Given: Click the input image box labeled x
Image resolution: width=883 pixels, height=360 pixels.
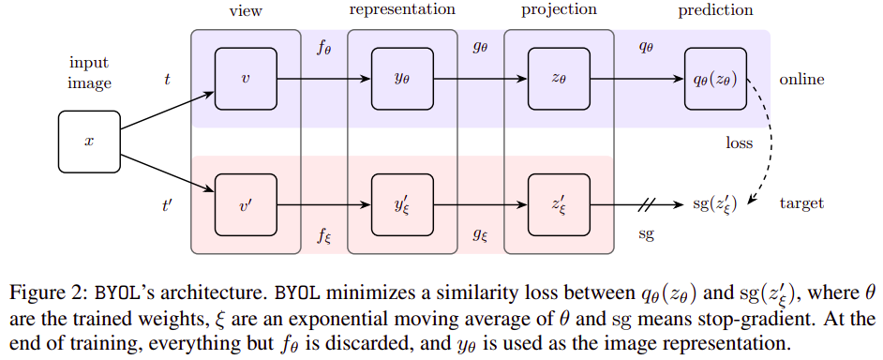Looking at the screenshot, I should [x=90, y=142].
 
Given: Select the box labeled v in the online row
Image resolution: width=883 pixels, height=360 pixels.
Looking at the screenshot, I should [x=246, y=80].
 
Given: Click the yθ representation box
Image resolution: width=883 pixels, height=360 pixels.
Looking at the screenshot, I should [x=402, y=80].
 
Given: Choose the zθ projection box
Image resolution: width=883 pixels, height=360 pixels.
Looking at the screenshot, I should [x=559, y=80].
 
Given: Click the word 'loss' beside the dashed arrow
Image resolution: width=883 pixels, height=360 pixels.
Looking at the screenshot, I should [x=739, y=142].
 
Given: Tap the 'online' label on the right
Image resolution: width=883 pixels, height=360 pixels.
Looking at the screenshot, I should [x=801, y=80].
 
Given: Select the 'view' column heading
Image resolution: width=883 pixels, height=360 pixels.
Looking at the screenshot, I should [x=246, y=10].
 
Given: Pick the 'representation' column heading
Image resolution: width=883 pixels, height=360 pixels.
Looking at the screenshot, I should [x=402, y=10].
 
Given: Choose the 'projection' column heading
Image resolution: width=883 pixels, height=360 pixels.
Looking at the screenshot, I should [x=559, y=10].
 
